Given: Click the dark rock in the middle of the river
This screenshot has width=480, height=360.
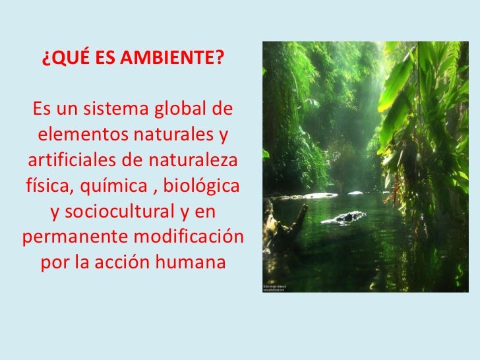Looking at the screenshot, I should (x=349, y=216).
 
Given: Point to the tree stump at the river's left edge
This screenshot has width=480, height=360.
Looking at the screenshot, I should (x=278, y=221).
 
